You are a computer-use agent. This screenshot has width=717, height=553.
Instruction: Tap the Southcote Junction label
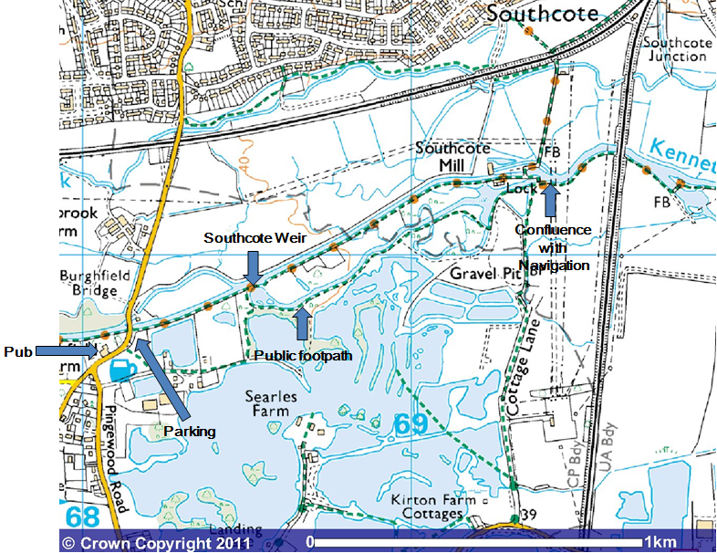[676, 49]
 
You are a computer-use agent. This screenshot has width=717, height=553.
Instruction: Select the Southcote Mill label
[453, 156]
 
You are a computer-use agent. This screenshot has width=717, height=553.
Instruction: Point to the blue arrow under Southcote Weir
[253, 266]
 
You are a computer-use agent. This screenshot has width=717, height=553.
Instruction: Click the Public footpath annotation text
[303, 355]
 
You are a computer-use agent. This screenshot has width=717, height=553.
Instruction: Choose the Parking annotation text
[189, 430]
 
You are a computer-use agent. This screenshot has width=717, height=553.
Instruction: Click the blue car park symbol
[121, 370]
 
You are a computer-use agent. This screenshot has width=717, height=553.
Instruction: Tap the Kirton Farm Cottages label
[426, 508]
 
